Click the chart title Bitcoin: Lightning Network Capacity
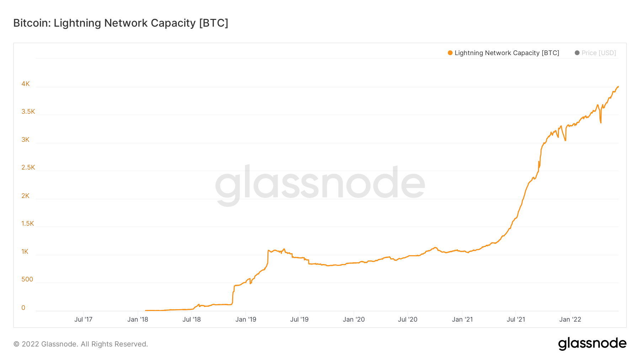click(x=121, y=23)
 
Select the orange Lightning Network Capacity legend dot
click(x=450, y=53)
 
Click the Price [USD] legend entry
click(x=598, y=53)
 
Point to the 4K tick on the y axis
click(x=26, y=84)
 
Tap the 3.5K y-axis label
click(x=28, y=112)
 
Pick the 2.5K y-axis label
click(x=28, y=167)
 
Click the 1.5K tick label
click(x=28, y=224)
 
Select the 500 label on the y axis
click(x=27, y=279)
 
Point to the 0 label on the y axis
click(x=23, y=308)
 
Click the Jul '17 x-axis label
click(x=83, y=319)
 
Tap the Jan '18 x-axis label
click(x=138, y=319)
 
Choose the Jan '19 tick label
click(x=246, y=319)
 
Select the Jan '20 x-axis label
click(x=353, y=319)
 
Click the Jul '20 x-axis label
click(x=407, y=319)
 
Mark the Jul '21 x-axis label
click(x=516, y=319)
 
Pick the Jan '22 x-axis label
click(x=570, y=319)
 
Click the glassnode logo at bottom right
click(x=592, y=344)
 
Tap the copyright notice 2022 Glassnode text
click(x=81, y=344)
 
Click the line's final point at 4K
click(x=618, y=87)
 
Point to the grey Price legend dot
click(x=577, y=53)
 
